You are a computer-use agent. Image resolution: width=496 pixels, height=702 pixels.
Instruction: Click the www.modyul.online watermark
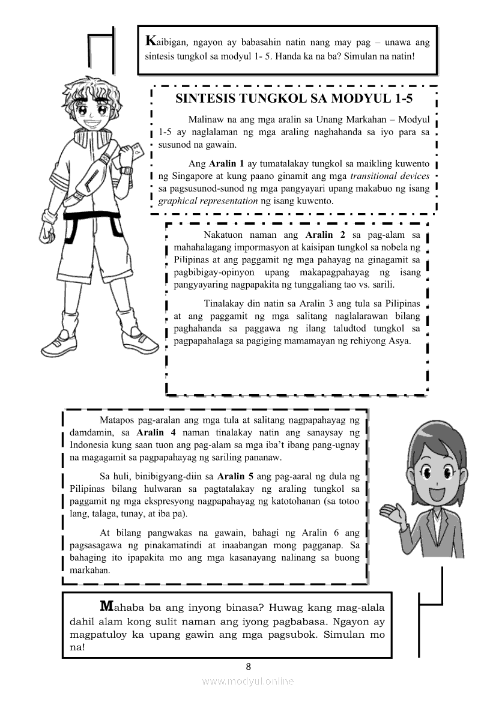coord(248,681)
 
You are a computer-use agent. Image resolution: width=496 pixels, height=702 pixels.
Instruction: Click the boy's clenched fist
coord(46,229)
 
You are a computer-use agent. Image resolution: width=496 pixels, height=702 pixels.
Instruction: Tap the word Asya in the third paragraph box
coord(400,341)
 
